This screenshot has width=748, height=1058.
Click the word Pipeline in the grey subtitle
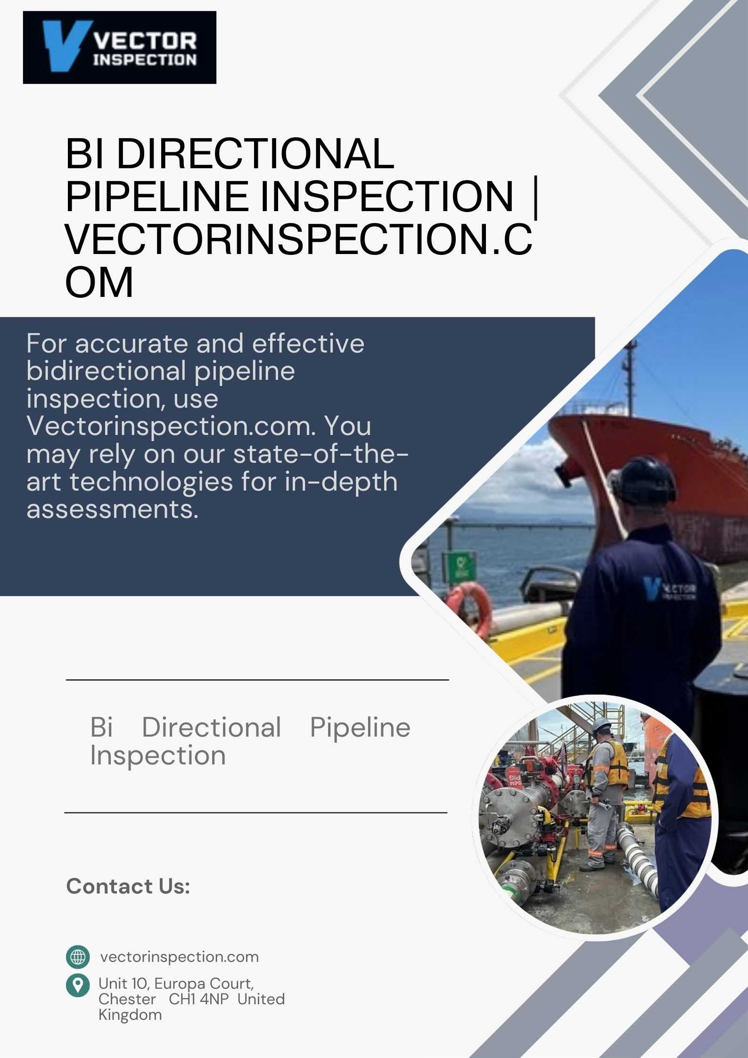(360, 728)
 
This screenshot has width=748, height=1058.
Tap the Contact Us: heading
(128, 886)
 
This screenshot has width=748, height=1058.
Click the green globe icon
(78, 957)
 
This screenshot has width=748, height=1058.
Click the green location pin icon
(78, 986)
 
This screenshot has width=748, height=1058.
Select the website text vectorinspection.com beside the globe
(180, 957)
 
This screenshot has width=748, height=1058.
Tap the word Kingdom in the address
(130, 1015)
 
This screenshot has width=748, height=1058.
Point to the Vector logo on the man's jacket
(669, 589)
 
